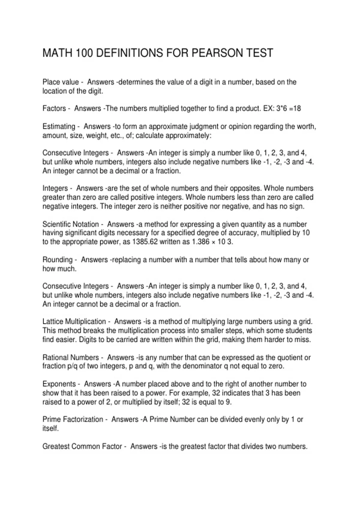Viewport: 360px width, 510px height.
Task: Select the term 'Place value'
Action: tap(60, 82)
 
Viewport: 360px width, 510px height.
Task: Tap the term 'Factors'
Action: tap(54, 108)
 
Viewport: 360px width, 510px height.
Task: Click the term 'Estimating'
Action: tap(59, 126)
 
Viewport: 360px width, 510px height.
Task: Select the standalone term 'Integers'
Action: tap(55, 188)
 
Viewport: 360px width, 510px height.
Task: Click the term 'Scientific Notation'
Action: tap(70, 224)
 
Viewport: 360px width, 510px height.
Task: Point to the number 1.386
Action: tap(199, 242)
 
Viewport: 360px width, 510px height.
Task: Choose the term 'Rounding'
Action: tap(58, 259)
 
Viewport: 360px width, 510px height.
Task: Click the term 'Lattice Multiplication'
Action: tap(74, 322)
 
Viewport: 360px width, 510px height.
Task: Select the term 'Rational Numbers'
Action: tap(70, 357)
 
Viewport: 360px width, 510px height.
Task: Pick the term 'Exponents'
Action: tap(59, 384)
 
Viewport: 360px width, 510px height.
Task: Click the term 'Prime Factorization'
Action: tap(73, 419)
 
